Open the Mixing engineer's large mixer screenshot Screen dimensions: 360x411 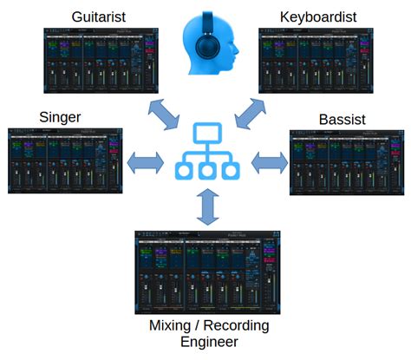pos(205,271)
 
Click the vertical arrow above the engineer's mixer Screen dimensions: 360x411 pos(205,206)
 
